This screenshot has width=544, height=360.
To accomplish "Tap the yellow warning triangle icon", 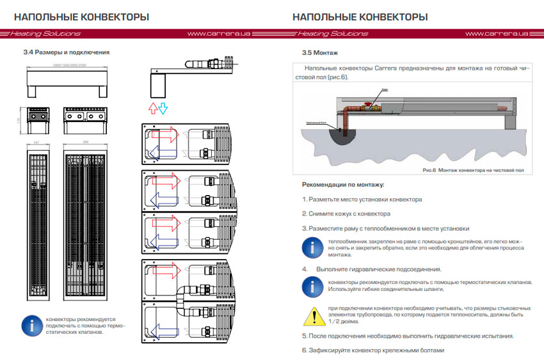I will (313, 315).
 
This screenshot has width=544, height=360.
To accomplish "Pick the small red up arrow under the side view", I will (151, 107).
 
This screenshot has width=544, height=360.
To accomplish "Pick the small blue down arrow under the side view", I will (163, 107).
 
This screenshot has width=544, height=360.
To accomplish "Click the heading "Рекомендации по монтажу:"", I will (343, 185).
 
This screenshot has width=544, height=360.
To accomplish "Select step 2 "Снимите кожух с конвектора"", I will (346, 214).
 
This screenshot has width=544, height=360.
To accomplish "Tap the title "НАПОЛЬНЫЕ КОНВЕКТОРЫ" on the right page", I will (360, 17).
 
